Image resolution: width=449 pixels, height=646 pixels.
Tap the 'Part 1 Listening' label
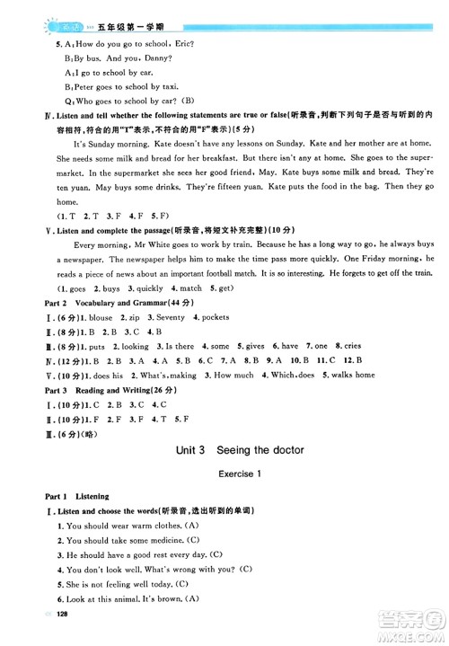[67, 494]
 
